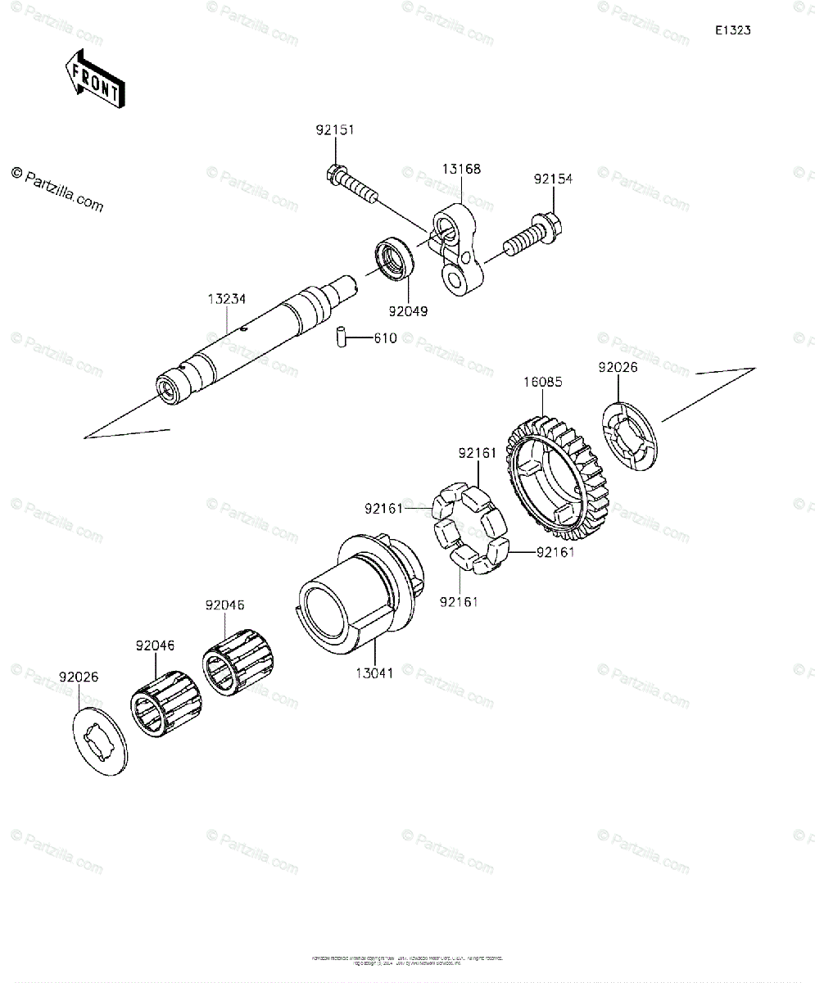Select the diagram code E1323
click(x=732, y=30)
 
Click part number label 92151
click(x=336, y=130)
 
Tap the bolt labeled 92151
click(x=352, y=184)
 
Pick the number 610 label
click(x=385, y=337)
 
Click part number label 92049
click(x=408, y=312)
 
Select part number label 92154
click(x=554, y=179)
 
